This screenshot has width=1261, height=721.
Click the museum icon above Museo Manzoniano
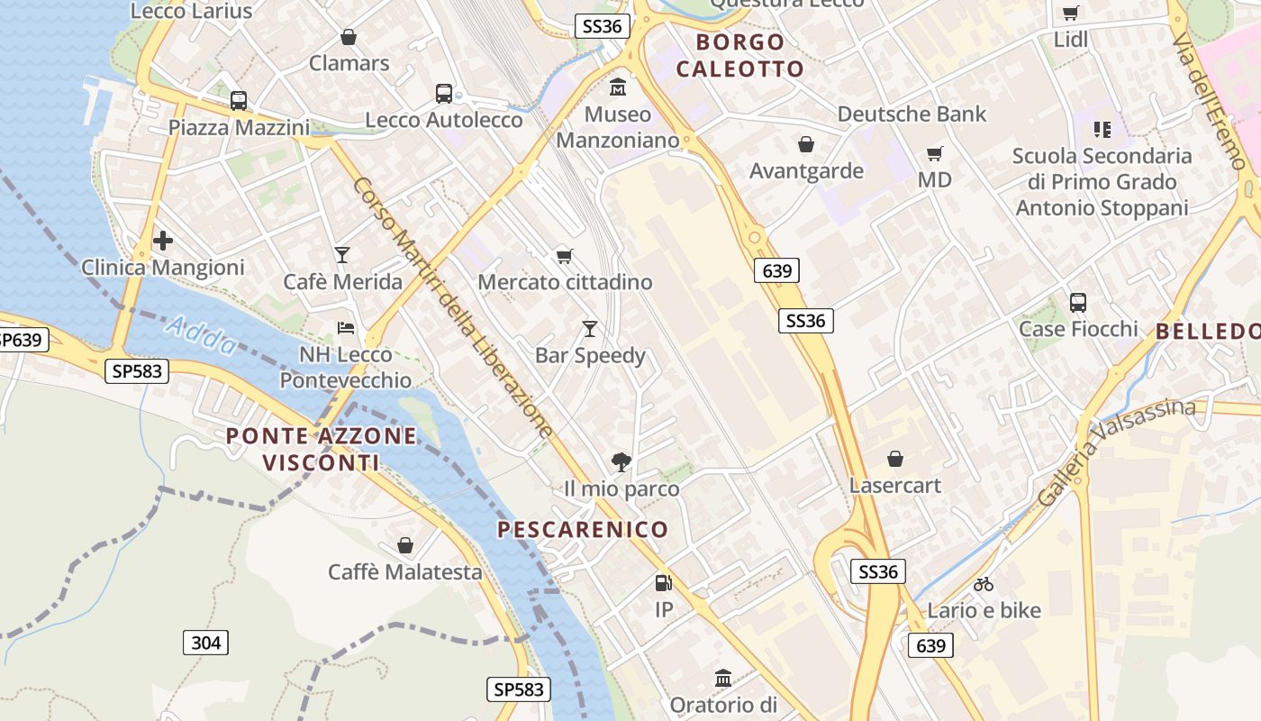(x=618, y=87)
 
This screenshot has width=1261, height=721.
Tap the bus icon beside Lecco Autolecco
(x=444, y=93)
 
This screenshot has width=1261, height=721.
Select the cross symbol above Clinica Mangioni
(x=163, y=241)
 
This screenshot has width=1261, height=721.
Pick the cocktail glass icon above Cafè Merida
(x=342, y=255)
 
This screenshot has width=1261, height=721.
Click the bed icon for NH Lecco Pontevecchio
(x=346, y=327)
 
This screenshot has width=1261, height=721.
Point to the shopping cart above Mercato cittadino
(x=565, y=256)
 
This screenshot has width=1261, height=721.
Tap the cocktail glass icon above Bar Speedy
(x=590, y=328)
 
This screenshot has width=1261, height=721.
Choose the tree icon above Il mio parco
(x=621, y=462)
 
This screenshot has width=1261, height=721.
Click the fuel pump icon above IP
(x=664, y=583)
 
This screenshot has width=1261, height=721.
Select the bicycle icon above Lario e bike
(x=984, y=584)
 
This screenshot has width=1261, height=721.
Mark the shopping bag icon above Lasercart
(x=895, y=460)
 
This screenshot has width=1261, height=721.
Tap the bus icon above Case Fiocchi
(x=1078, y=303)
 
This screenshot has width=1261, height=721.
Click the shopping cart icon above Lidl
(x=1070, y=13)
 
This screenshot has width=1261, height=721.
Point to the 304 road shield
(x=206, y=643)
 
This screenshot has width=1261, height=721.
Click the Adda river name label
(x=203, y=335)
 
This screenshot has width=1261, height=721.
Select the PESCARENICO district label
(x=583, y=529)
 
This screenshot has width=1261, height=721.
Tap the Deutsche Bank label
(x=912, y=114)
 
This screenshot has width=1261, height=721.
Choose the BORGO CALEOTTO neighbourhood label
(x=740, y=55)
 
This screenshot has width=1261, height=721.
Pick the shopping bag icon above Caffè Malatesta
(x=405, y=545)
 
